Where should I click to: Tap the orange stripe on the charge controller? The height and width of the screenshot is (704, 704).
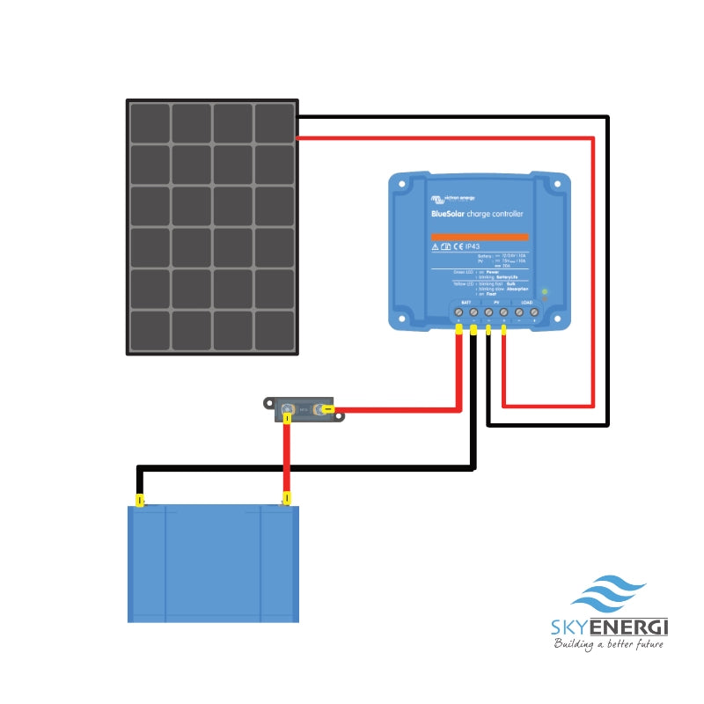click(479, 237)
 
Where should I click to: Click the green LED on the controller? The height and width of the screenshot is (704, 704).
click(545, 291)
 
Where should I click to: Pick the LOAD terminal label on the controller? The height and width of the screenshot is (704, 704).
click(526, 302)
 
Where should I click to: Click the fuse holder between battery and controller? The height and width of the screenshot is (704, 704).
click(303, 408)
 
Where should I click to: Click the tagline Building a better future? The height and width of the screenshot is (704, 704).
click(607, 644)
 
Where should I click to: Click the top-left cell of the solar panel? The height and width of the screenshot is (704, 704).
click(150, 122)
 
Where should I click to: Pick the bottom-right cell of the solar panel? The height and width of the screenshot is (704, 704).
click(275, 331)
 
